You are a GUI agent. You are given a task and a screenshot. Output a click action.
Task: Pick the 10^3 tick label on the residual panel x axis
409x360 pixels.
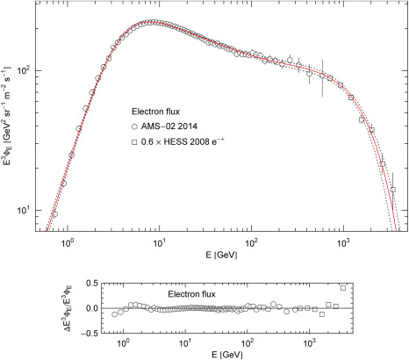click(311, 340)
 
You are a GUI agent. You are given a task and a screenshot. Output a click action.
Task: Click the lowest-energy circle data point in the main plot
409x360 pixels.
click(54, 213)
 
